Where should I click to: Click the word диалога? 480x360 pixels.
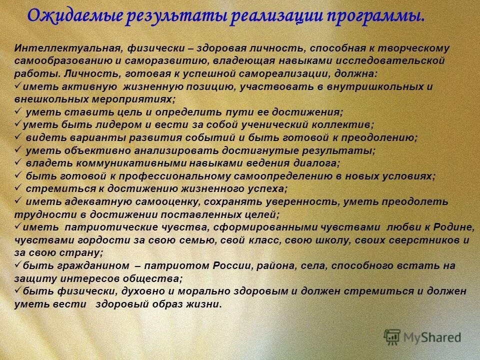coord(315,163)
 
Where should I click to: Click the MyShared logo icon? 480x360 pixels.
coord(392,337)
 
